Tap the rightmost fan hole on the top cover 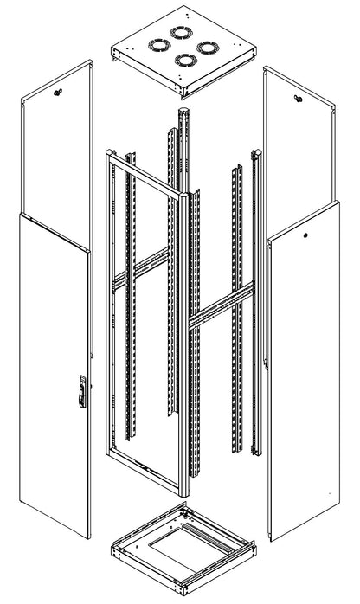[204, 48]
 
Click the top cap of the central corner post [182, 111]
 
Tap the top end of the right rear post [254, 157]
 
